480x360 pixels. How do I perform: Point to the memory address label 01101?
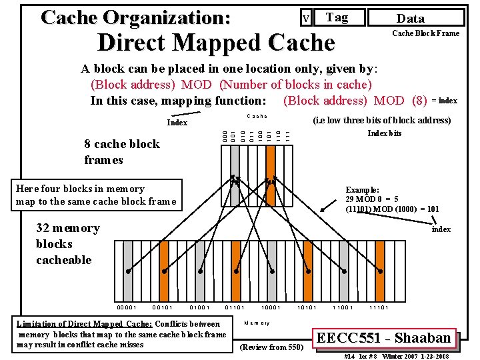(234, 307)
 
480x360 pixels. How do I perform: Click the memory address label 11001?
(343, 307)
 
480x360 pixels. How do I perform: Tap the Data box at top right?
(410, 19)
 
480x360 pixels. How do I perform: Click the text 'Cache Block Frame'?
(425, 33)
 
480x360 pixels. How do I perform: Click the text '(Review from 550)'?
(271, 347)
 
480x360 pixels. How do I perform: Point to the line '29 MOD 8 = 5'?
(372, 199)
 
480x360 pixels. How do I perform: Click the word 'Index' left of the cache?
(177, 123)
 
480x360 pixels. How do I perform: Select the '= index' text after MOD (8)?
(444, 101)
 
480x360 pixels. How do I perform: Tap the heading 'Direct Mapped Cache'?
(215, 43)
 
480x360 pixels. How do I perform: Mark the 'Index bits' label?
(385, 133)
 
